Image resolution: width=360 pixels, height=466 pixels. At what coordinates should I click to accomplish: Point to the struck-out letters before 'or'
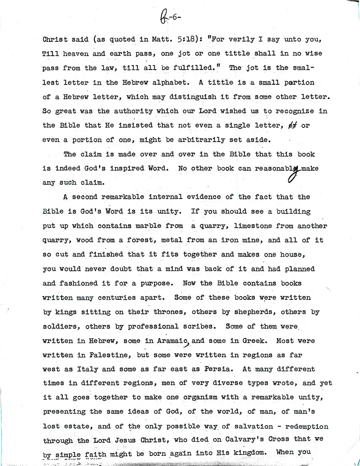[291, 126]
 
